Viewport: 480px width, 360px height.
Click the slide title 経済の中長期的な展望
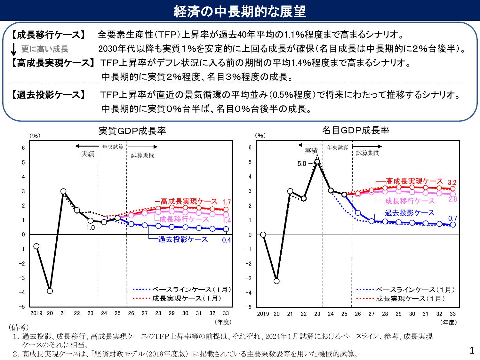tap(240, 11)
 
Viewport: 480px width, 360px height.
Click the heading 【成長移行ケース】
tap(49, 35)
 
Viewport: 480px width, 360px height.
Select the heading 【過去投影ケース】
tap(49, 95)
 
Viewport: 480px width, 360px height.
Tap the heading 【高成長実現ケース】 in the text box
tap(53, 63)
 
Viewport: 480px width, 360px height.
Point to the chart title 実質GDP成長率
tap(132, 131)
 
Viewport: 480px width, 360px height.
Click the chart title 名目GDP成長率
tap(356, 130)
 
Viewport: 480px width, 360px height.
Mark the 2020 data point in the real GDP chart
tap(50, 291)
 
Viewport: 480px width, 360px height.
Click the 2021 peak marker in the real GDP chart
tap(63, 191)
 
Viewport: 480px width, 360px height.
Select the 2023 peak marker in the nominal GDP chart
tap(317, 162)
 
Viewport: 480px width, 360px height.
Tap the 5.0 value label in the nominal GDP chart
tap(302, 164)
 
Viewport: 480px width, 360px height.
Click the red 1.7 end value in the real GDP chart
tap(227, 202)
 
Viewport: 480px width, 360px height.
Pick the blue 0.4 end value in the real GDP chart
tap(226, 240)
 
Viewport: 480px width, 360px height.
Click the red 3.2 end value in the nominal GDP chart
tap(452, 183)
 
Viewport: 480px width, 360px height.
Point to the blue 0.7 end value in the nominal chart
tap(452, 219)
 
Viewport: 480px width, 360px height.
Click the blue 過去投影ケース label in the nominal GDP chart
tap(409, 213)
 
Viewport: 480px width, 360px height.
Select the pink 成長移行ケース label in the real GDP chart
tap(184, 219)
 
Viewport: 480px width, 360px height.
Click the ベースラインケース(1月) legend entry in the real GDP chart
tap(182, 290)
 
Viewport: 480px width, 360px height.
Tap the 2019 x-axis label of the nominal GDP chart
tap(263, 314)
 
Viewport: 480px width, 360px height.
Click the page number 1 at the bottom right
tap(472, 350)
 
